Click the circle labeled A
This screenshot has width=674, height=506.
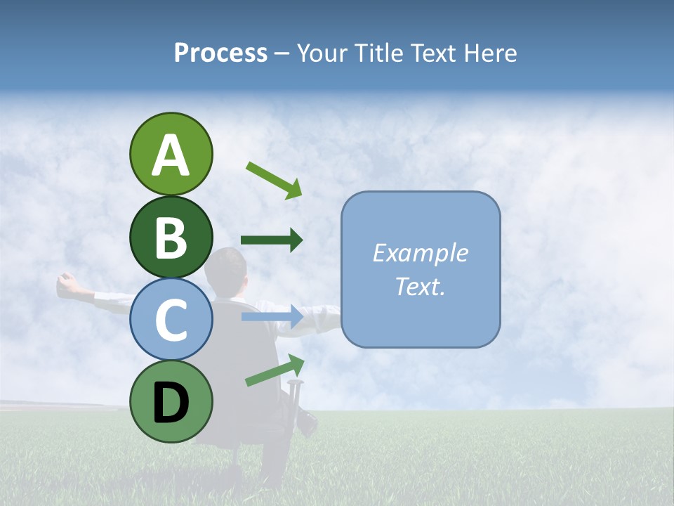[171, 154]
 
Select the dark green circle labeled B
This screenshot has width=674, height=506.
[171, 237]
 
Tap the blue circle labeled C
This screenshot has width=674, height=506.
[171, 319]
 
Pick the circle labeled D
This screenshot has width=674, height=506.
[171, 401]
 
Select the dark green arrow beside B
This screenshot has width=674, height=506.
[272, 240]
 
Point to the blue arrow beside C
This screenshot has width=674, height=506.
[272, 317]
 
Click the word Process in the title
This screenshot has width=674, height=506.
[220, 53]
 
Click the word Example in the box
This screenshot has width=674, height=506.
[420, 253]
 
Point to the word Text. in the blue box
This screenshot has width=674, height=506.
[420, 286]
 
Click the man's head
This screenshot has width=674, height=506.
[229, 267]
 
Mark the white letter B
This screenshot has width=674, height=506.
[171, 238]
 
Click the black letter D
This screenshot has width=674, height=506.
[171, 403]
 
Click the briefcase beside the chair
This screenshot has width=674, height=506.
[307, 420]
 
